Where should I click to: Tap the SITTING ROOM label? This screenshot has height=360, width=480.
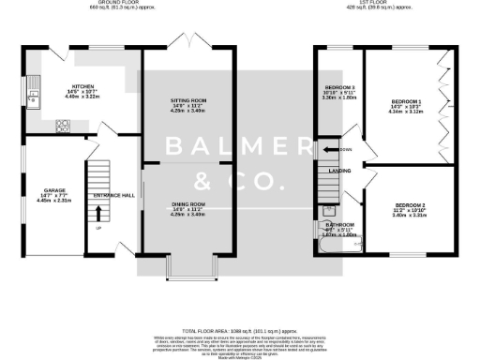(187, 100)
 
